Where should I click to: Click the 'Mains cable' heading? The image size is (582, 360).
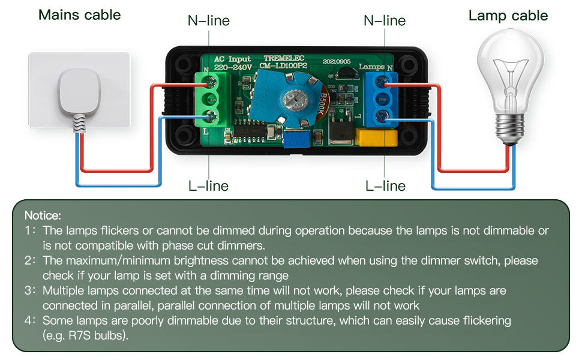pyautogui.click(x=79, y=15)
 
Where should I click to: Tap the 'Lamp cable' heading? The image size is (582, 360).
pyautogui.click(x=508, y=16)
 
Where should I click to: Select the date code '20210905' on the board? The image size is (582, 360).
pyautogui.click(x=337, y=61)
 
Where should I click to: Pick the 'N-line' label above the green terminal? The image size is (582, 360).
pyautogui.click(x=208, y=21)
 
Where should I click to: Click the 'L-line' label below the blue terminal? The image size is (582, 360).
pyautogui.click(x=385, y=186)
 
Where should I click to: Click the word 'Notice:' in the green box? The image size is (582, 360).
pyautogui.click(x=43, y=215)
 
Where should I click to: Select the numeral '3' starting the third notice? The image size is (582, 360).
pyautogui.click(x=28, y=290)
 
